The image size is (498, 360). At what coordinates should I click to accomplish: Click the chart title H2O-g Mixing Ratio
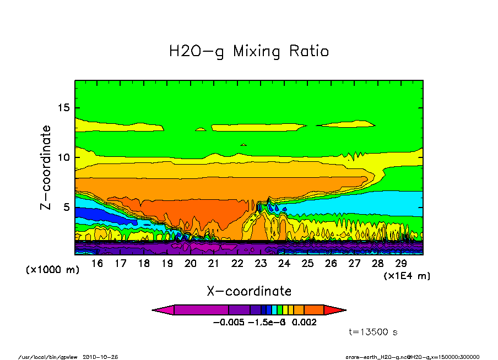tap(249, 52)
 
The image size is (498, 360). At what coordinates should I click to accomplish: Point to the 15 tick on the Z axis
tap(65, 107)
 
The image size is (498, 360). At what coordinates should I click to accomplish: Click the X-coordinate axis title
tap(249, 291)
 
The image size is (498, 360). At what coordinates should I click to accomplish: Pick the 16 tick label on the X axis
tap(97, 264)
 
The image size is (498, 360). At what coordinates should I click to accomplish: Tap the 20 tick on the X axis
tap(191, 264)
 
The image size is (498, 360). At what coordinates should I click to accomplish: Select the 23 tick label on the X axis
tap(261, 264)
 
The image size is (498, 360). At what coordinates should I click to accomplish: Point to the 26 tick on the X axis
tap(331, 264)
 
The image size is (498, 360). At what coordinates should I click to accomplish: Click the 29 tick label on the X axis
tap(401, 264)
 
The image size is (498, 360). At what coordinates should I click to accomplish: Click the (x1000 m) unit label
tap(53, 270)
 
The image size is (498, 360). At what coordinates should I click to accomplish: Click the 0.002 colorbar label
tap(304, 323)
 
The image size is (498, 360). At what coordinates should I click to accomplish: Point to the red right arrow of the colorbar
tap(335, 310)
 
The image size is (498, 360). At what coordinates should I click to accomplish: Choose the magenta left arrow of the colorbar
tap(163, 310)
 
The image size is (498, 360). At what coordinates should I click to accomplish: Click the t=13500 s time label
tap(373, 332)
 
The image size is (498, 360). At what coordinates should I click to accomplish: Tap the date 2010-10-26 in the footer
tap(100, 357)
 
